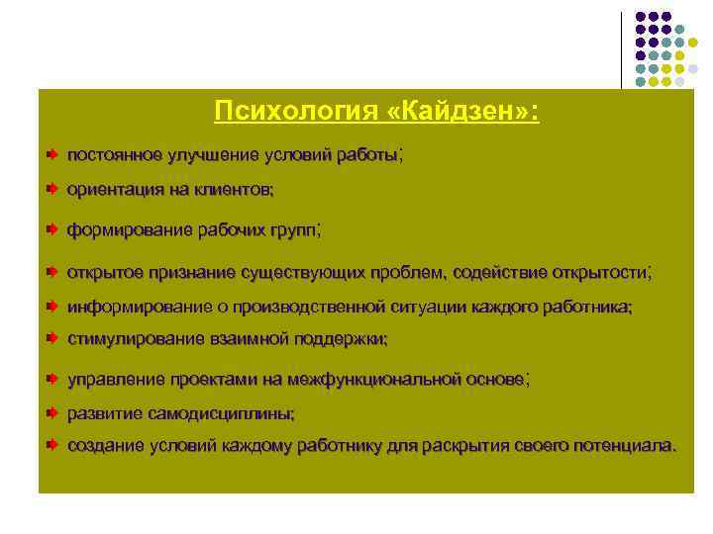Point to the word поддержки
tap(337, 338)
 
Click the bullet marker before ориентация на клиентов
tap(51, 188)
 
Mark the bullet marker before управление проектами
tap(51, 379)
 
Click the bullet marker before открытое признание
tap(51, 272)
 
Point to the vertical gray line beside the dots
tap(623, 49)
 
